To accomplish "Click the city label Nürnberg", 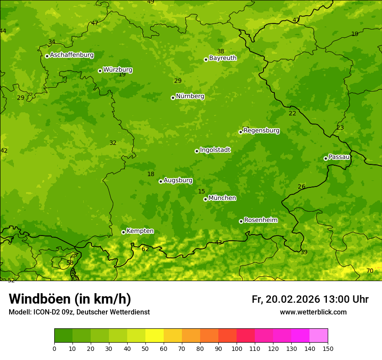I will point(190,96).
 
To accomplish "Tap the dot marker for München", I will point(205,199).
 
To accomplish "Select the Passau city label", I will point(339,157).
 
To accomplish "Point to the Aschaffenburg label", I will point(72,55).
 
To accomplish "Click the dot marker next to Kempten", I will point(123,232).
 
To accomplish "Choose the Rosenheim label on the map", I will point(260,220).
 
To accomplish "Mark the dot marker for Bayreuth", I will point(206,59).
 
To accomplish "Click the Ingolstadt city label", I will point(215,150).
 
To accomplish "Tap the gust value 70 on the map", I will point(370,271).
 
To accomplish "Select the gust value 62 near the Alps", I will point(145,249).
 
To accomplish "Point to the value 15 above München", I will point(201,191).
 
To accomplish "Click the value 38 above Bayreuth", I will point(221,51).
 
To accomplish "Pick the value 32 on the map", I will point(113,143).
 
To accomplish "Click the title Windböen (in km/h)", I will point(70,299).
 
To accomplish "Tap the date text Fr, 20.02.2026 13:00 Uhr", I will point(310,299).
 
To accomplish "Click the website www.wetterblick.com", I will point(313,312).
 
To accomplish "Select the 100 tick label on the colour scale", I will point(237,349).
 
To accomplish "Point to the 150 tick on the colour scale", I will point(328,349).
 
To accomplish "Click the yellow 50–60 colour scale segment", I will point(155,336).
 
